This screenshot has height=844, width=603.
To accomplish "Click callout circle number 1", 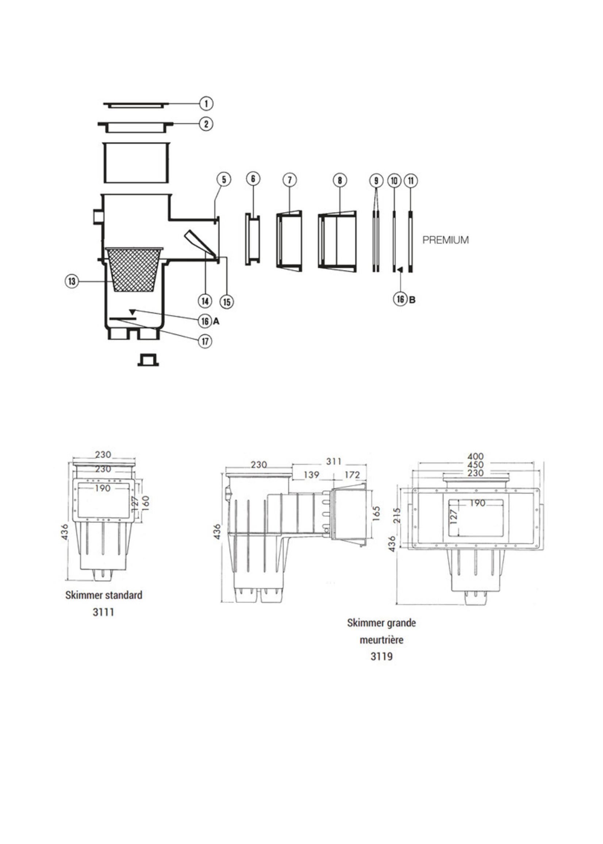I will [x=206, y=103].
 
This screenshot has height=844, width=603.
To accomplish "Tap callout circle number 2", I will [x=206, y=124].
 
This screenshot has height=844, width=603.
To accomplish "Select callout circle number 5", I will [x=224, y=180].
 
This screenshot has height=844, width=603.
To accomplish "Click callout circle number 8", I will [x=339, y=180].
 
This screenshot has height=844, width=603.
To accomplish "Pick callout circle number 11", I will [x=411, y=181].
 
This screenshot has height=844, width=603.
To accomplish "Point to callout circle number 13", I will [x=72, y=281].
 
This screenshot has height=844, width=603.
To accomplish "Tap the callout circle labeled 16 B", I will [x=400, y=299].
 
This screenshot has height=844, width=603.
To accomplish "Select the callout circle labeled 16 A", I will [x=205, y=321].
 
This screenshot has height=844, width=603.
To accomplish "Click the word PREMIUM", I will [x=445, y=240].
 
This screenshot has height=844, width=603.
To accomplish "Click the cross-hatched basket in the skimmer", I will [x=134, y=270].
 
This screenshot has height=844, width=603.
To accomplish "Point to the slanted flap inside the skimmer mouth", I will [x=199, y=243].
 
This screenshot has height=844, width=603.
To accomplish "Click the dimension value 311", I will [x=333, y=461].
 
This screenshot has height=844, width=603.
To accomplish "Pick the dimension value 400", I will [x=475, y=456].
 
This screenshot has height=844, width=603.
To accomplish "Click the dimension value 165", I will [x=376, y=514].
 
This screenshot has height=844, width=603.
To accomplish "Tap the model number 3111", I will [x=103, y=612].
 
